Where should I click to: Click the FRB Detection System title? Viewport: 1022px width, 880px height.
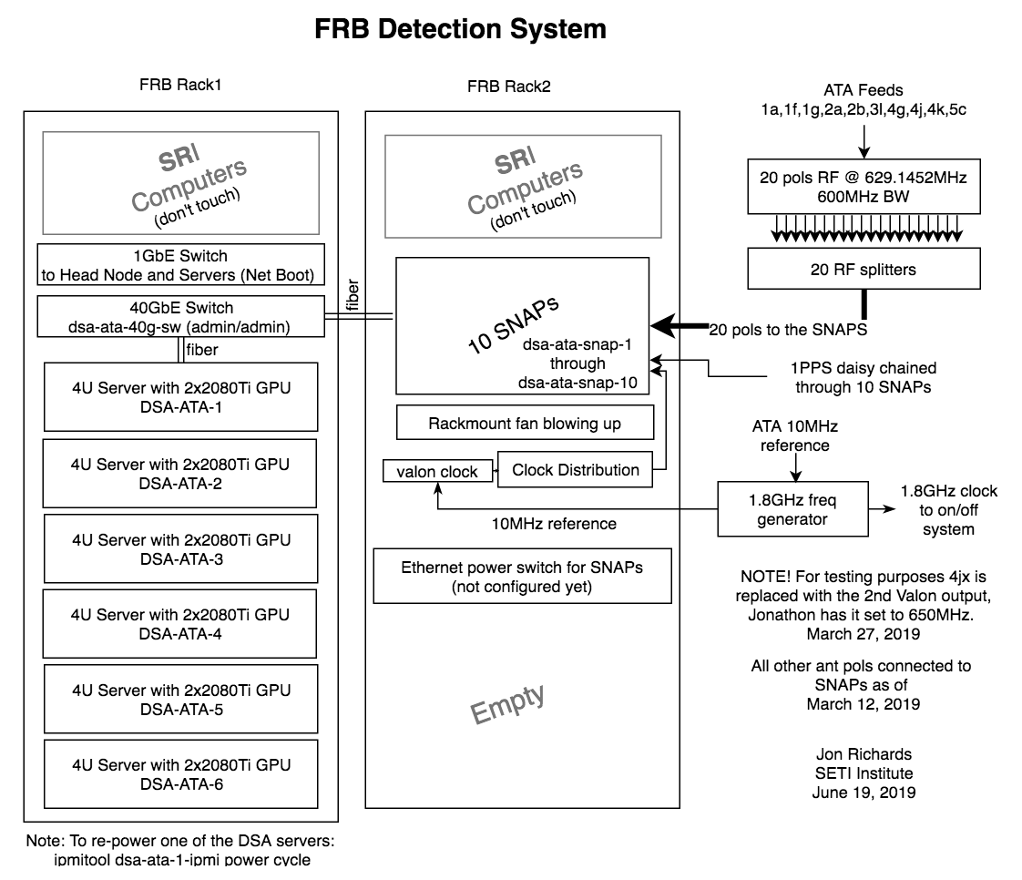460,29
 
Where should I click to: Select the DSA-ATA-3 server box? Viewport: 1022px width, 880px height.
180,548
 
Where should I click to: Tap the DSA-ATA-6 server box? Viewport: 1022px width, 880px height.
180,773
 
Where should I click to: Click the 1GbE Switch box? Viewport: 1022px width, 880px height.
180,265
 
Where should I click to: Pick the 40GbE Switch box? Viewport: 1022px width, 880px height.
180,317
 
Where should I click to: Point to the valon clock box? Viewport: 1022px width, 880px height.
437,471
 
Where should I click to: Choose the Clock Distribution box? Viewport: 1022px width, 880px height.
575,469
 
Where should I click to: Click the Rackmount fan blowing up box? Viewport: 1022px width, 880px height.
525,423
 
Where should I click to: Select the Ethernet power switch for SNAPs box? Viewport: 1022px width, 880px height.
522,577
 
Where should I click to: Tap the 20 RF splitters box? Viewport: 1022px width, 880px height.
864,269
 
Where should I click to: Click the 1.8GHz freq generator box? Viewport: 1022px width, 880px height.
792,509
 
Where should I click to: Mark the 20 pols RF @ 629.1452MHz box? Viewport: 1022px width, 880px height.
864,187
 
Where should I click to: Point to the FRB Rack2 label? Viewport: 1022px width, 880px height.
509,86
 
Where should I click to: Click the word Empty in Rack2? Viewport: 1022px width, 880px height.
507,703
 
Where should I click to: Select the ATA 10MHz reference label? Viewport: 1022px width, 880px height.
795,435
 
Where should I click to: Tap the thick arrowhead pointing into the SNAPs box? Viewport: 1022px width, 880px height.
663,325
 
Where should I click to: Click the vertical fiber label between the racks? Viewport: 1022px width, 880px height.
353,294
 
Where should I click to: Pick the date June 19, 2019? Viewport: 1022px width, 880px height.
864,792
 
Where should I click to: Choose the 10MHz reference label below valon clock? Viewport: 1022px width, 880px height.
554,524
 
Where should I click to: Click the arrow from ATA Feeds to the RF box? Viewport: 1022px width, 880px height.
864,141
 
